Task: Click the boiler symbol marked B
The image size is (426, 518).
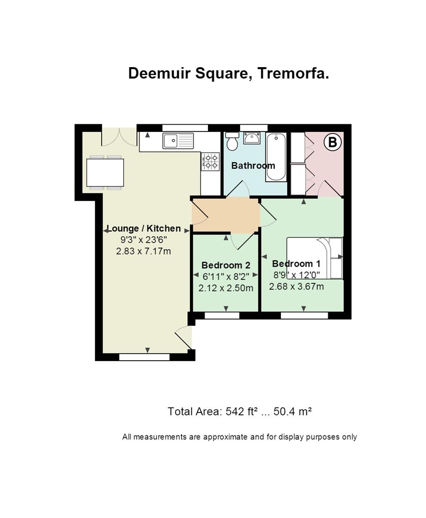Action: (332, 142)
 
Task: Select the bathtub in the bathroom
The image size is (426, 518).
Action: (276, 157)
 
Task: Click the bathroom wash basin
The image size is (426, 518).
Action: (252, 138)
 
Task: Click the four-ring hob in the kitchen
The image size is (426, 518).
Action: (210, 162)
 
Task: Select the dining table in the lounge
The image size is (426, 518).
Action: (105, 173)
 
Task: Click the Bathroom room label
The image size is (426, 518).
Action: (253, 165)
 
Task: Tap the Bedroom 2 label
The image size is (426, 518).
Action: (226, 265)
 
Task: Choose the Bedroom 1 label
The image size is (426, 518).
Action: (296, 264)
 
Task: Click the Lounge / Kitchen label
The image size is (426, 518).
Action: (144, 229)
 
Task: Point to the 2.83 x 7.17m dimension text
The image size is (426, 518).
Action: (143, 251)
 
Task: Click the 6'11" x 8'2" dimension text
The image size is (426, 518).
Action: (226, 276)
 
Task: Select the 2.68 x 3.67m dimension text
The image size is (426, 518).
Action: (296, 286)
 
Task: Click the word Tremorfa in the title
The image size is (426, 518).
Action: (293, 73)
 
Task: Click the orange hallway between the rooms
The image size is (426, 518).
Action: (226, 215)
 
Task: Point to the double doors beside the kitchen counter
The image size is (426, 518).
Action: (119, 137)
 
